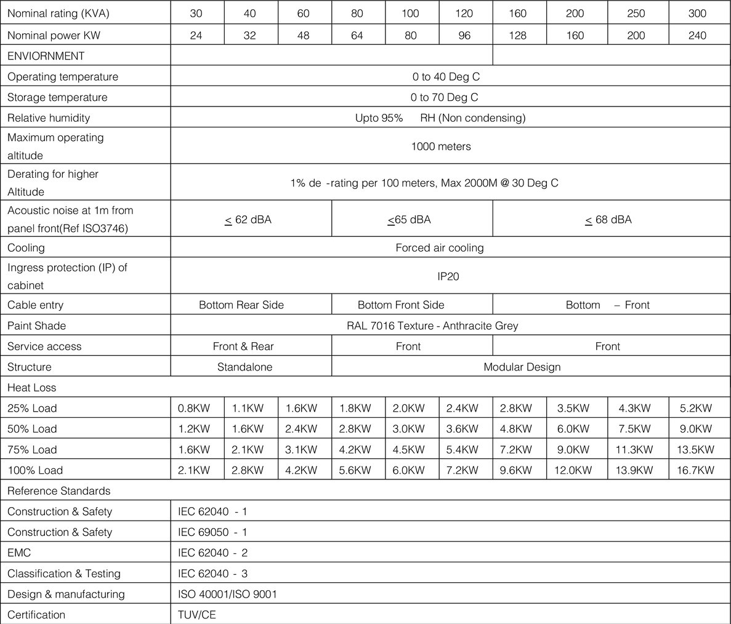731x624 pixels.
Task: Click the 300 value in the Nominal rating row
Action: coord(697,14)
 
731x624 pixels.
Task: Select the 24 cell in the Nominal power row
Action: coord(196,36)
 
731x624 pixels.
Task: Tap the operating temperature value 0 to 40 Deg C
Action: coord(446,77)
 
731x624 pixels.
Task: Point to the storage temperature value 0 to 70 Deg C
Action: coord(444,97)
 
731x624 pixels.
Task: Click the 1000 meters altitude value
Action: coord(441,146)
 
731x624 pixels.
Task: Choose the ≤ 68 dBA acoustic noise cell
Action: coord(608,220)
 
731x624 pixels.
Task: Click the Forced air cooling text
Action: coord(440,248)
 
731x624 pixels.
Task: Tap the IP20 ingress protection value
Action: coord(448,277)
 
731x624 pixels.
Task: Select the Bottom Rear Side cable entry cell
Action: coord(241,305)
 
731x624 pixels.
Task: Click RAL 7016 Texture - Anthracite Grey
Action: coord(432,326)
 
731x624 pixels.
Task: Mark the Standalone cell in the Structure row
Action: coord(244,367)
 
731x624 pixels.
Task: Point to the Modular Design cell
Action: coord(522,367)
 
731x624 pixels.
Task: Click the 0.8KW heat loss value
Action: coord(194,409)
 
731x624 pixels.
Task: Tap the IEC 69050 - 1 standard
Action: coord(212,532)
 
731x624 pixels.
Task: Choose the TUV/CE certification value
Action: coord(197,615)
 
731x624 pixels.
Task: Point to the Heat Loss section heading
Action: coord(31,388)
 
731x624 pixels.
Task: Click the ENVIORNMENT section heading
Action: coord(46,56)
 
